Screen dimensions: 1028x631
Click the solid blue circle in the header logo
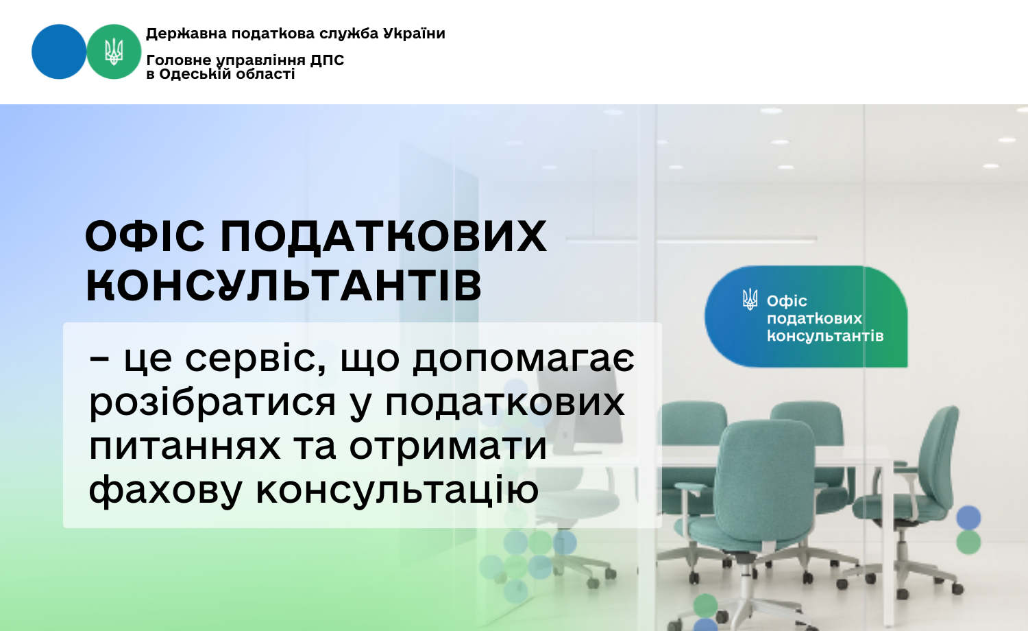(x=59, y=51)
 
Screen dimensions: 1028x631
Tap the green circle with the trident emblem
(x=114, y=51)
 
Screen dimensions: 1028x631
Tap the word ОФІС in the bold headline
(x=145, y=236)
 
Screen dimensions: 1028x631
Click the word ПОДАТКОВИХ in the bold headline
(x=384, y=237)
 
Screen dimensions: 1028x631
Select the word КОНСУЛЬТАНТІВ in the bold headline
(x=284, y=285)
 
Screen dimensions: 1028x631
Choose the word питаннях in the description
(x=184, y=447)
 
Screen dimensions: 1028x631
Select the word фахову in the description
(x=165, y=490)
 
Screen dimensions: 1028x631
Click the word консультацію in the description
(x=397, y=490)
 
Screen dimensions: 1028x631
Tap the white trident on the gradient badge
(x=750, y=299)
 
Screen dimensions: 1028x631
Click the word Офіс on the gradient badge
(x=787, y=301)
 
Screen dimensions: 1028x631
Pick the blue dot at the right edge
(x=969, y=518)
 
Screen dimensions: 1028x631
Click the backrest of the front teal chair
(x=766, y=477)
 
